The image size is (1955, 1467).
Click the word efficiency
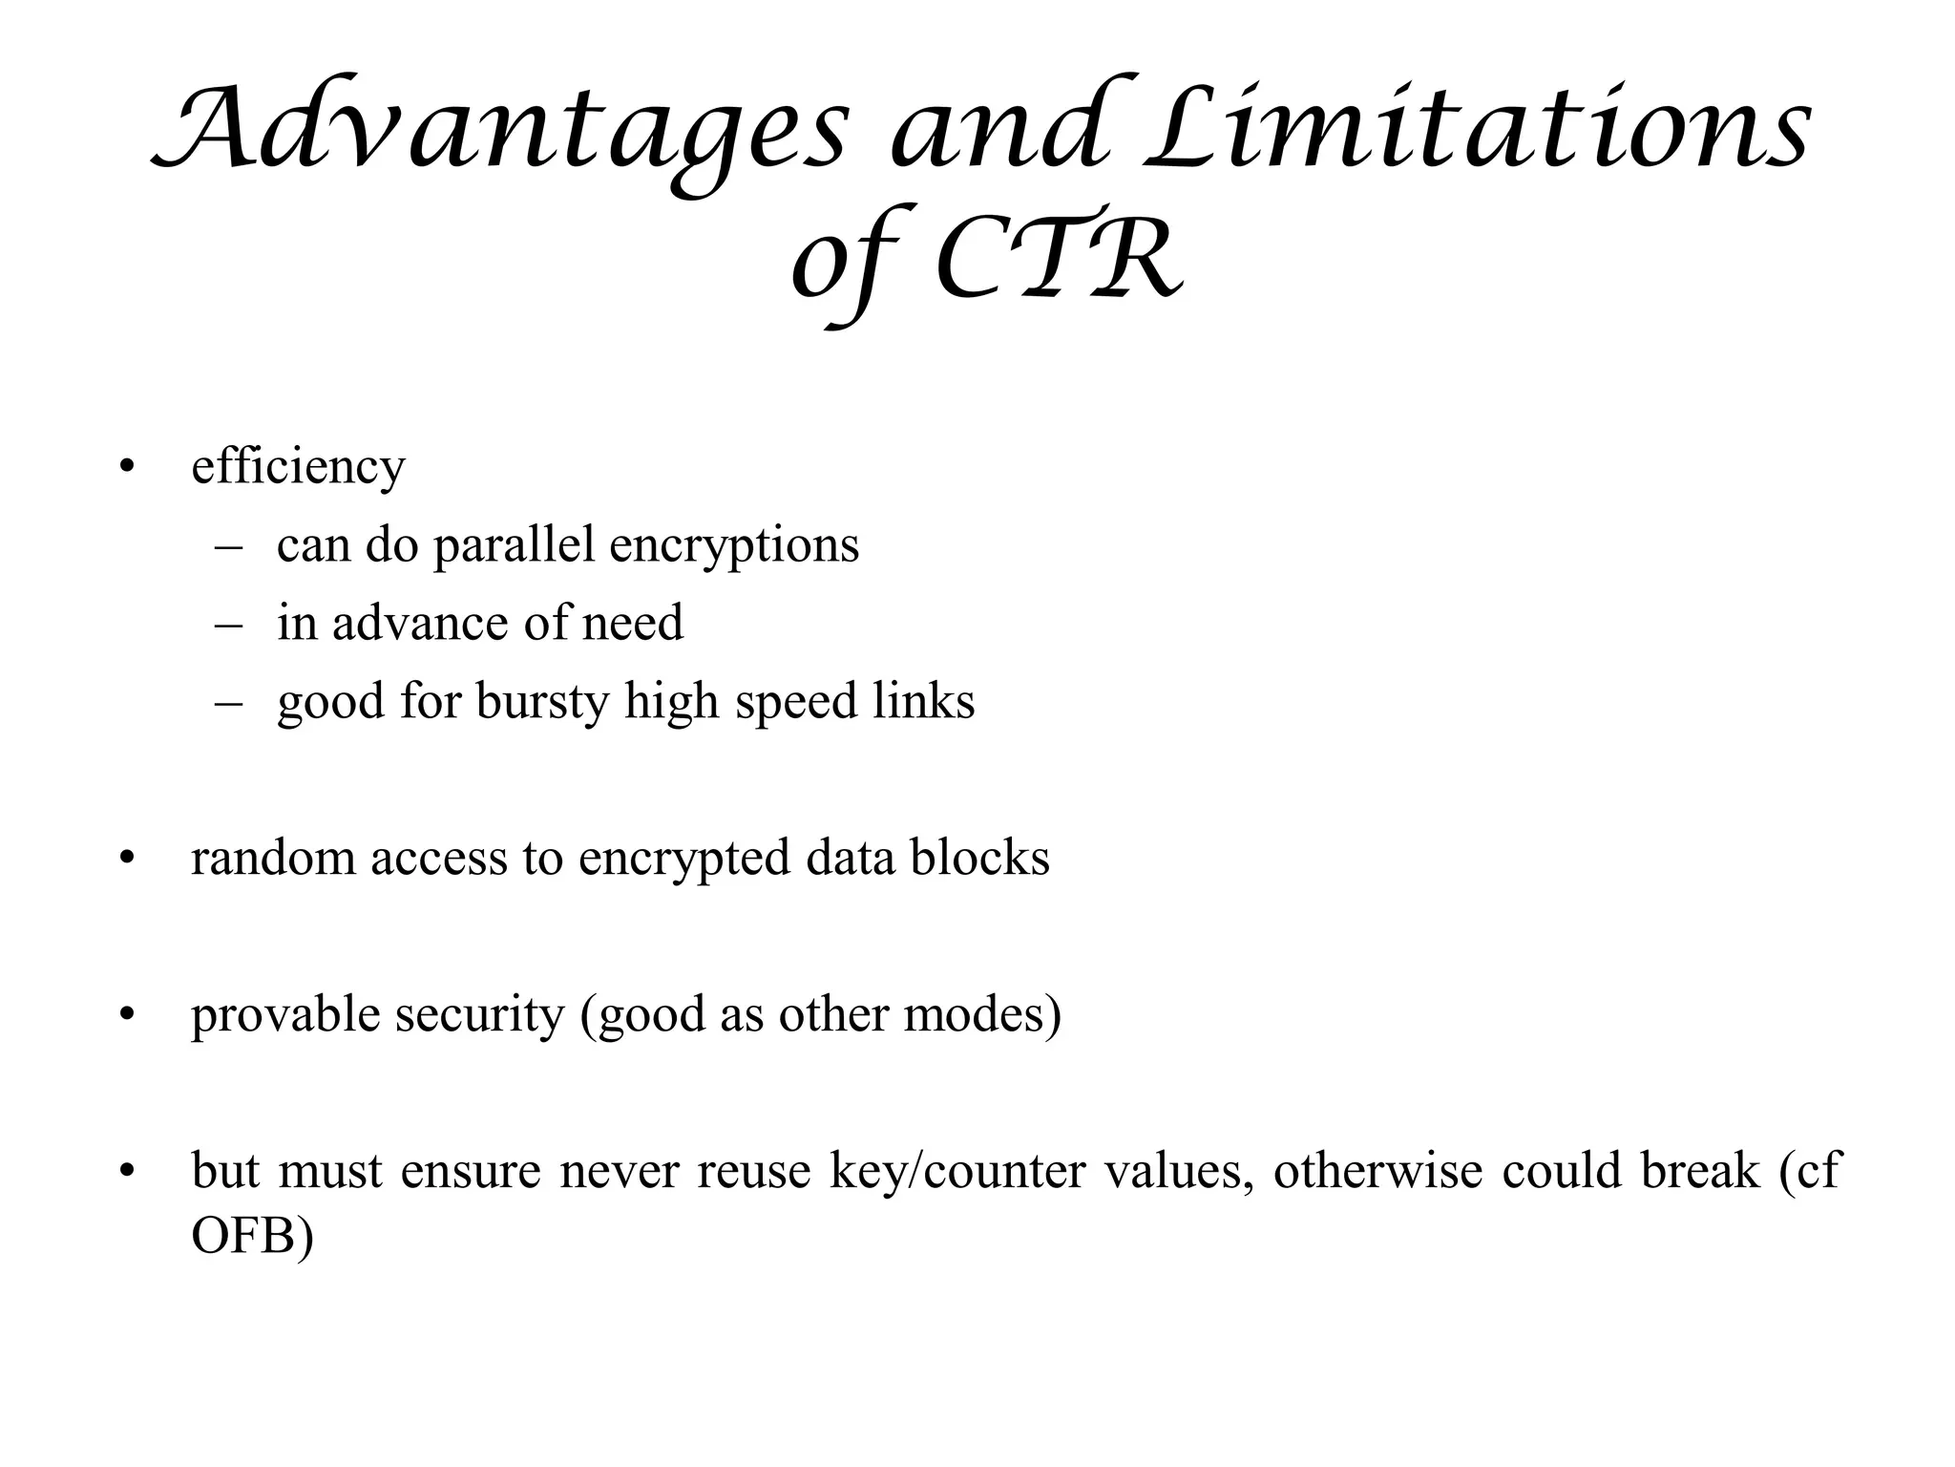pyautogui.click(x=298, y=468)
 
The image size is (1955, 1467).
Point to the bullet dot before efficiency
pyautogui.click(x=127, y=468)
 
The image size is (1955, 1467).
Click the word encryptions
pyautogui.click(x=734, y=546)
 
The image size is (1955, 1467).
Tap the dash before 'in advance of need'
pyautogui.click(x=229, y=624)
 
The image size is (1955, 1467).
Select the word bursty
pyautogui.click(x=541, y=702)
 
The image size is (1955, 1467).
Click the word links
pyautogui.click(x=924, y=702)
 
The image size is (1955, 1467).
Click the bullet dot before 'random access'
pyautogui.click(x=127, y=858)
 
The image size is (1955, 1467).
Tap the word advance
pyautogui.click(x=419, y=624)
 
